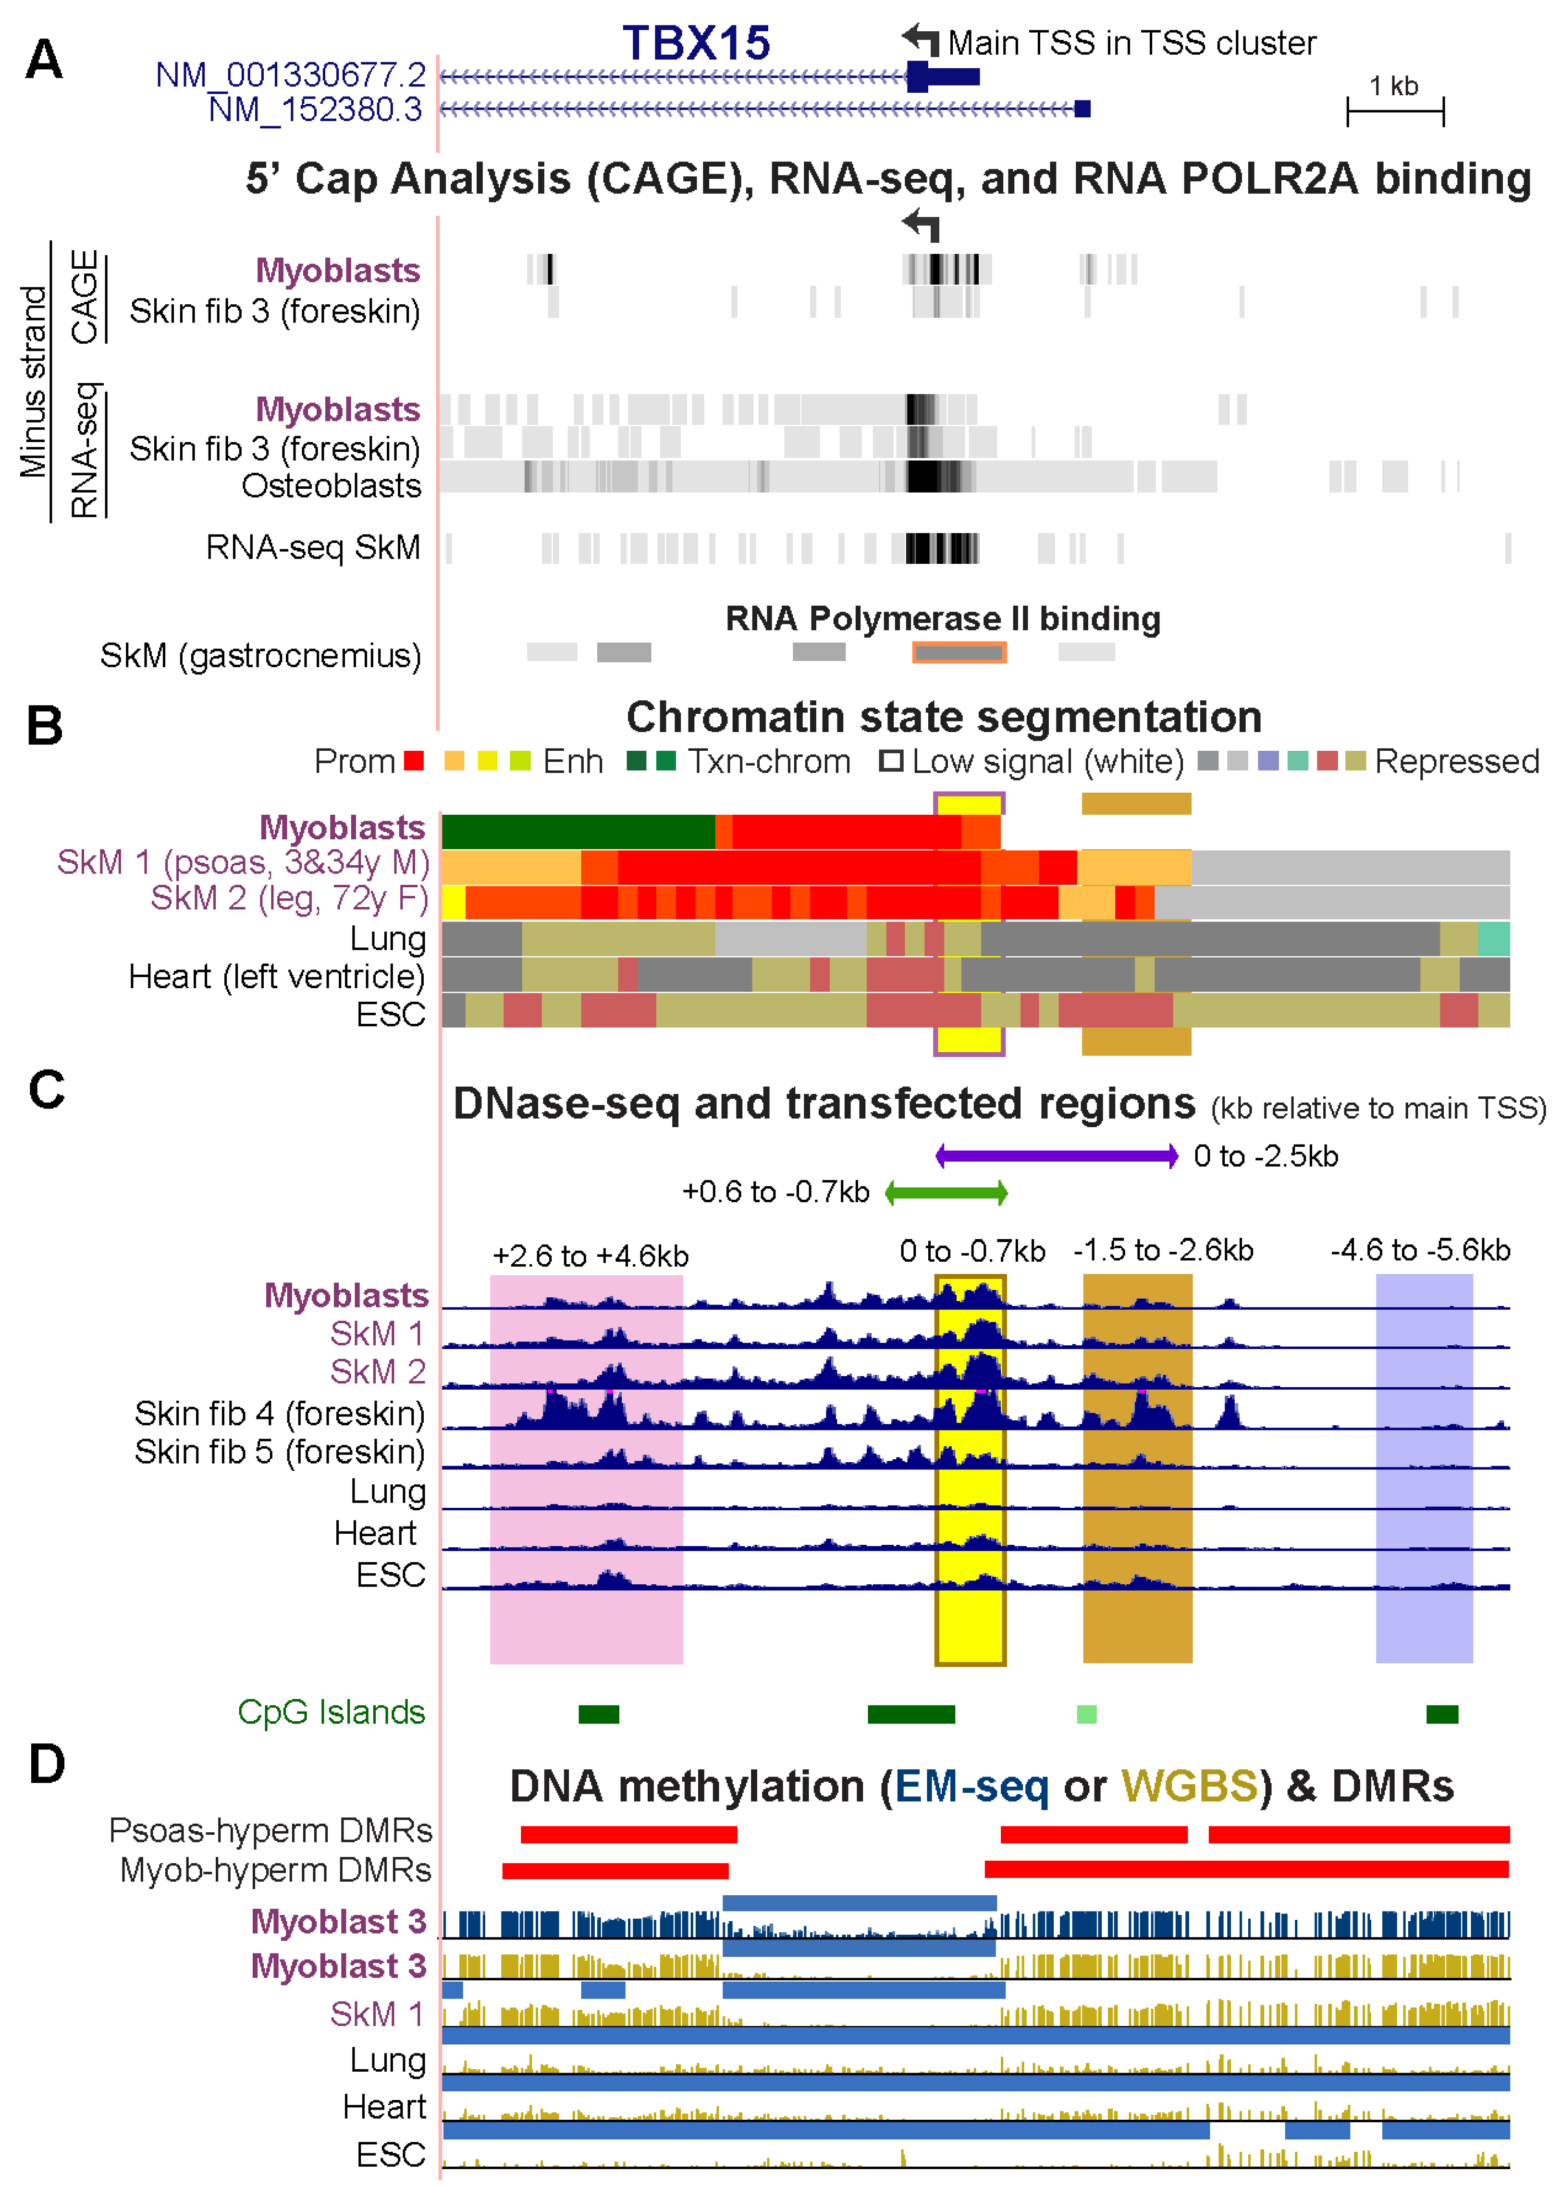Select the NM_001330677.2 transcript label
point(291,75)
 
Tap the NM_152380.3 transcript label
point(316,110)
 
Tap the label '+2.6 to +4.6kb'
point(590,1255)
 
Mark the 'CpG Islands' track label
point(331,1713)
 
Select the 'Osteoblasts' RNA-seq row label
point(331,486)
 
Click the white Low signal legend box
point(891,761)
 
